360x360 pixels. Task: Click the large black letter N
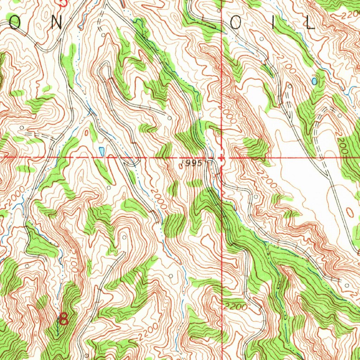56,23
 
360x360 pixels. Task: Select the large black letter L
309,23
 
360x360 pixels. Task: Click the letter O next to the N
15,23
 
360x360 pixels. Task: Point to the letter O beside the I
236,23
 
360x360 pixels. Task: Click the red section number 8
64,319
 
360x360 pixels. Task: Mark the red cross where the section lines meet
221,158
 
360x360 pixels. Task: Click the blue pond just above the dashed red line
102,151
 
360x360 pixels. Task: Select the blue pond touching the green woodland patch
314,81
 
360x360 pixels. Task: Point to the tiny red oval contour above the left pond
86,133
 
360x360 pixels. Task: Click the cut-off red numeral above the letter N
63,3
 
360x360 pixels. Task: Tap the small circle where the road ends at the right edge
347,285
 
